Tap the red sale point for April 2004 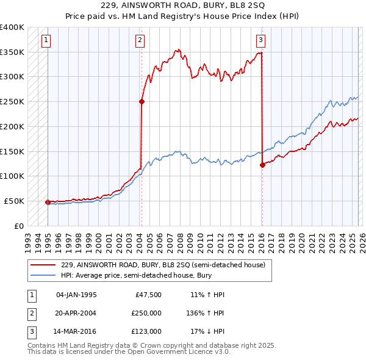coord(142,102)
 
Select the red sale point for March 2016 coord(262,164)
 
